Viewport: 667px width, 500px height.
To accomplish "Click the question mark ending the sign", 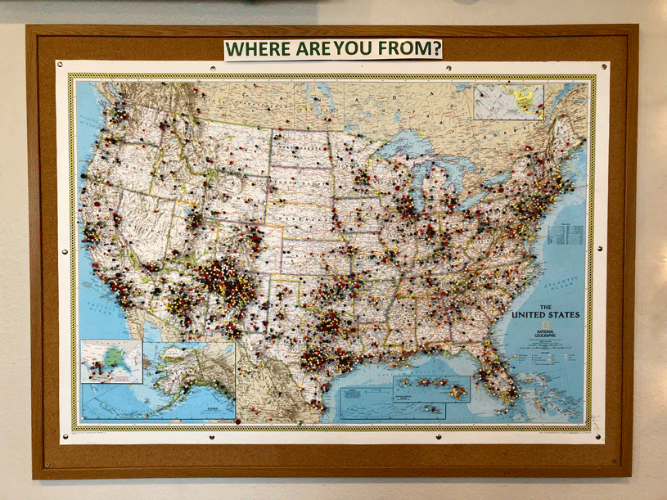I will pyautogui.click(x=439, y=49).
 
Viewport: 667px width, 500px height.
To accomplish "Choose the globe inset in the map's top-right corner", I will pyautogui.click(x=508, y=102).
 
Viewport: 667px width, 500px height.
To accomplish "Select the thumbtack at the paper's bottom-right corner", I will pyautogui.click(x=604, y=433).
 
